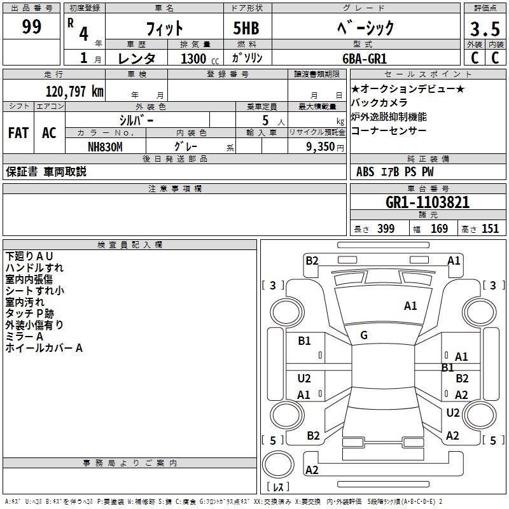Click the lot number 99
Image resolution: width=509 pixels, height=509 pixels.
[x=31, y=26]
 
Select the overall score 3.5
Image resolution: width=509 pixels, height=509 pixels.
[x=485, y=29]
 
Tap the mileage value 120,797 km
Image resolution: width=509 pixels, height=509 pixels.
[x=74, y=92]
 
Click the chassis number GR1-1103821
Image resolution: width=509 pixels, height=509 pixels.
[x=428, y=202]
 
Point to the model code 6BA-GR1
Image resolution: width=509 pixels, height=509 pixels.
[x=365, y=59]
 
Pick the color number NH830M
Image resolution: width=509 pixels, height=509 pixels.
[x=105, y=147]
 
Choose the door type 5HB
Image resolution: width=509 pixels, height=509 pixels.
[x=246, y=28]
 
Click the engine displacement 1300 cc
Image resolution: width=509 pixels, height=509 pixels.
[x=200, y=59]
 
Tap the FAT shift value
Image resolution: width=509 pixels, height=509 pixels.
[x=18, y=133]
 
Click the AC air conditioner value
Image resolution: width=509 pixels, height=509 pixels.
[x=50, y=133]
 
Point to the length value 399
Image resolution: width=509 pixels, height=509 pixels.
[x=386, y=228]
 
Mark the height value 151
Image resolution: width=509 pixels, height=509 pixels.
[x=490, y=228]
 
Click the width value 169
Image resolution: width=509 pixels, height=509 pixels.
[x=439, y=228]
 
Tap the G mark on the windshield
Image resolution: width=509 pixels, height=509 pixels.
[x=364, y=335]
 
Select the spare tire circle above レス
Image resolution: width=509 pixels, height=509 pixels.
[x=278, y=464]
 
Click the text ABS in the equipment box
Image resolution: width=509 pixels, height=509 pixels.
[x=365, y=172]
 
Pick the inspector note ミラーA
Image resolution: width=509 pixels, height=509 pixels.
[x=24, y=337]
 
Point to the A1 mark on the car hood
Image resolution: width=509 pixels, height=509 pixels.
[x=410, y=306]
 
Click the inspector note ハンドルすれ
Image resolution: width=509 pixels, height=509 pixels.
[x=34, y=268]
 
